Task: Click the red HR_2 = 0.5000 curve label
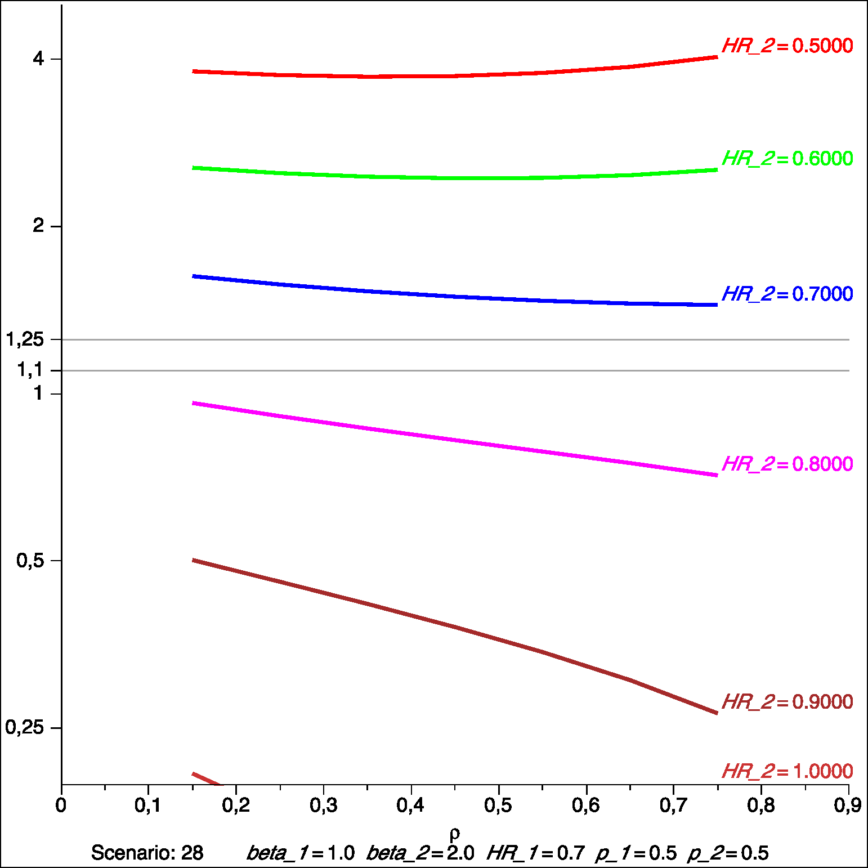tap(787, 46)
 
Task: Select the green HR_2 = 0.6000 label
tap(787, 159)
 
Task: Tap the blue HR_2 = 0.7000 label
tap(787, 294)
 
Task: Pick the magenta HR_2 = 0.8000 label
tap(787, 464)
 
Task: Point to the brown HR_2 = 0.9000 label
tap(787, 702)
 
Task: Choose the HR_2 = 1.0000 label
tap(787, 771)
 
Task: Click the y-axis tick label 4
tap(38, 58)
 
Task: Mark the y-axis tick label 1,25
tap(25, 339)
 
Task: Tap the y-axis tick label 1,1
tap(30, 370)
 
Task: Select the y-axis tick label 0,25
tap(25, 727)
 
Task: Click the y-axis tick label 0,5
tap(30, 560)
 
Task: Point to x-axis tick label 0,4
tap(410, 806)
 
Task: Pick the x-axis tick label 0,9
tap(847, 806)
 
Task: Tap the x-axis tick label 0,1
tap(147, 806)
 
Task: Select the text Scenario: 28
tap(147, 853)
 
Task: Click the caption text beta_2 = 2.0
tap(420, 853)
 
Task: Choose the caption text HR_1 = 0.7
tap(536, 853)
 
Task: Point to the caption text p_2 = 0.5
tap(728, 853)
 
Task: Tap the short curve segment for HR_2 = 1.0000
tap(207, 779)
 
